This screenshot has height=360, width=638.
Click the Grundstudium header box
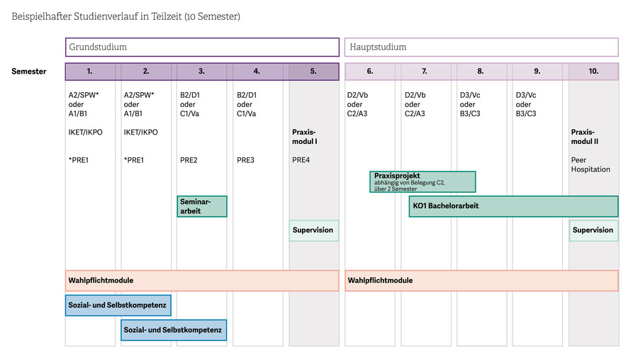[202, 47]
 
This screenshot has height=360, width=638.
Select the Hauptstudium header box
[481, 47]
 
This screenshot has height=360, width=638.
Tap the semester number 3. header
[201, 71]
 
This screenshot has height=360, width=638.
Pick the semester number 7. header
[425, 71]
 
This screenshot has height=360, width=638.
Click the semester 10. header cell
[593, 71]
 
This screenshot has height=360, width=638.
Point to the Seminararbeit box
[202, 206]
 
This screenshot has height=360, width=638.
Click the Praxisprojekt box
[422, 182]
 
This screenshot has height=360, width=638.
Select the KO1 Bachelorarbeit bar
[513, 206]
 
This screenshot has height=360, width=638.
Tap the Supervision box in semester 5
[314, 230]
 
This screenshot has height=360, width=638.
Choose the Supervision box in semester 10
[593, 230]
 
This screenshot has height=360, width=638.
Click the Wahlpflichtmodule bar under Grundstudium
[202, 281]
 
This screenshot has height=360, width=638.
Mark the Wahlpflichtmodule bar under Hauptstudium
[481, 281]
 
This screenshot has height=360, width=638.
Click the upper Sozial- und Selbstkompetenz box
[118, 305]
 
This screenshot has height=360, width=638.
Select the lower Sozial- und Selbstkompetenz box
[174, 330]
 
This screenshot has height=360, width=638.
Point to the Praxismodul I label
[304, 137]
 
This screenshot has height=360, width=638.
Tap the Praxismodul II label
[584, 137]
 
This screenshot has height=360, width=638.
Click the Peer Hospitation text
[591, 164]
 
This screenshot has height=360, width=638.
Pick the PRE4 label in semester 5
[301, 160]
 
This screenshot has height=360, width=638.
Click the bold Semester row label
[29, 72]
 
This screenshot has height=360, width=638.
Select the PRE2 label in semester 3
[189, 160]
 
